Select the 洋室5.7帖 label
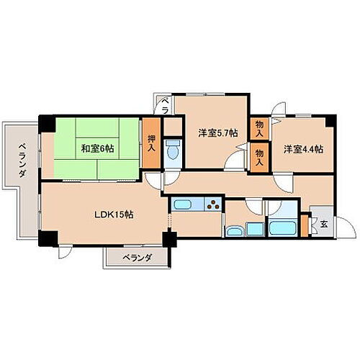point(215,132)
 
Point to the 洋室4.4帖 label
point(302,150)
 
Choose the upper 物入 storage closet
point(258,129)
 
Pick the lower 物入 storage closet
point(258,158)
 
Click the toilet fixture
point(173,152)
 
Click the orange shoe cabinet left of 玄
point(305,225)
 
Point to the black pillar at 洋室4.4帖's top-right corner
point(331,117)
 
